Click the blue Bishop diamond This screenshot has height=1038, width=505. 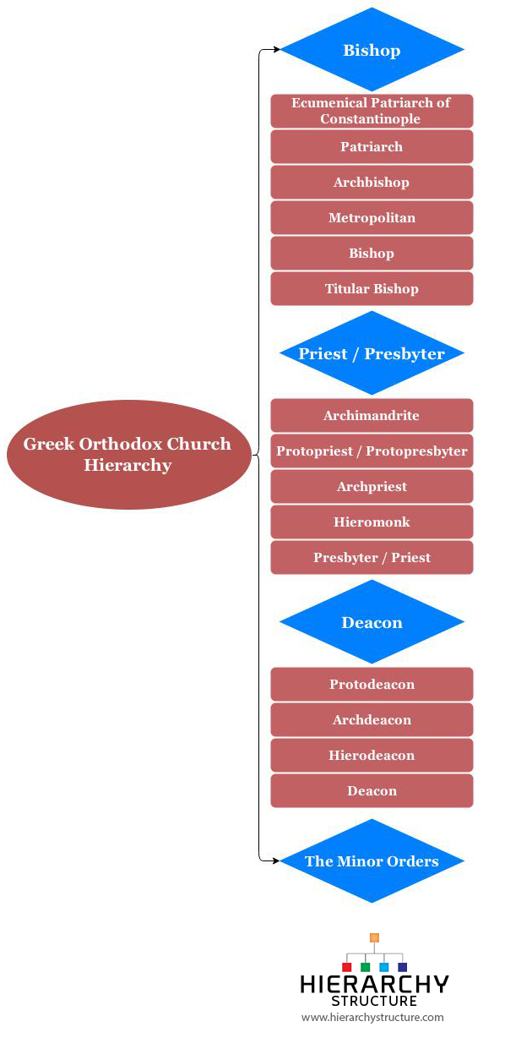pos(372,49)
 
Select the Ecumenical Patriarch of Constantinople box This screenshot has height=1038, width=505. pos(372,111)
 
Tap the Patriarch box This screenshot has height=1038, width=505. pos(372,146)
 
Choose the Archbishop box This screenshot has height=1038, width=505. pos(372,182)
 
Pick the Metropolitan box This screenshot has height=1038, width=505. pos(372,217)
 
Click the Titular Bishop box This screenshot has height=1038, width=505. pos(372,289)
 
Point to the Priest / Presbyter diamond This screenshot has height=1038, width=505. pos(372,353)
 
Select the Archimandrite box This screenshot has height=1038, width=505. pos(372,415)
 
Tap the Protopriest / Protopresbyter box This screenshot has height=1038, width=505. pos(372,451)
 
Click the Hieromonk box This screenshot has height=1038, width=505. pos(372,522)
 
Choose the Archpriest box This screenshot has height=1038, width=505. pos(372,487)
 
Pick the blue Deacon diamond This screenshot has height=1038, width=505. pos(372,622)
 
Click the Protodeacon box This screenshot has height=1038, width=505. pos(372,684)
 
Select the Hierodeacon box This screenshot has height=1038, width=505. pos(372,756)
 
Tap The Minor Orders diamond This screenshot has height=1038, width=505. pos(372,861)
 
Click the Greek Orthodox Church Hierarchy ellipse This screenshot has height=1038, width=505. pos(128,455)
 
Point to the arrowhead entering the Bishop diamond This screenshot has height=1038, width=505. pos(277,49)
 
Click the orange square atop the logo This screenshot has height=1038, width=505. pos(374,938)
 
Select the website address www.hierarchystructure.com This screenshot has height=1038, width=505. pos(372,1017)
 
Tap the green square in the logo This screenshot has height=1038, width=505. pos(365,967)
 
